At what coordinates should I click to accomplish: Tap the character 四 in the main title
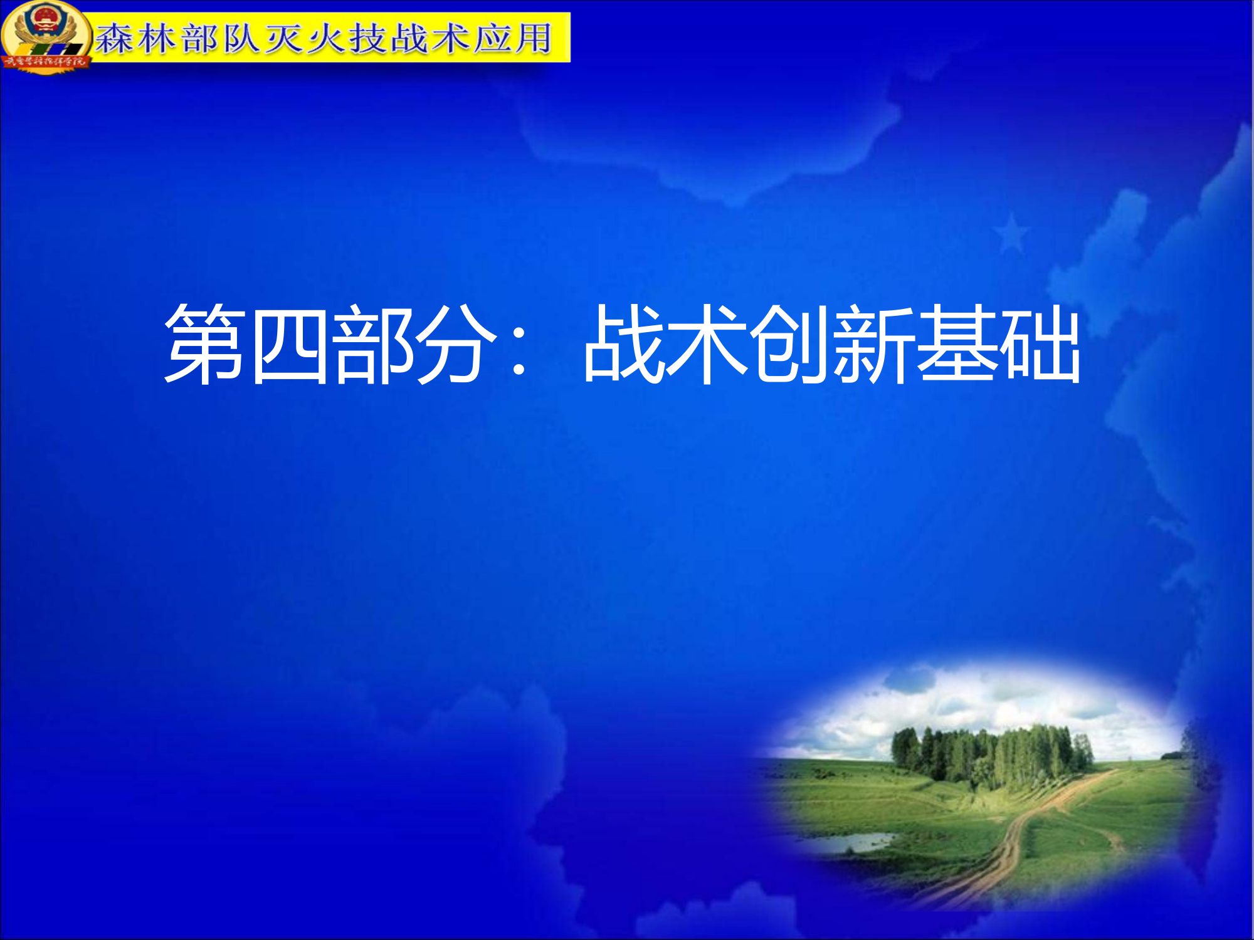pos(288,345)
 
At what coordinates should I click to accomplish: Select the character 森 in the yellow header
pos(114,38)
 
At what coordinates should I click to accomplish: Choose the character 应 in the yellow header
pos(493,38)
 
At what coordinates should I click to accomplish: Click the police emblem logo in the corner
pos(45,36)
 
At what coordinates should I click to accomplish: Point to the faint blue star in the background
pos(1011,233)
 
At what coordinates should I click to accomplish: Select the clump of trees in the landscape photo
pos(991,755)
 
